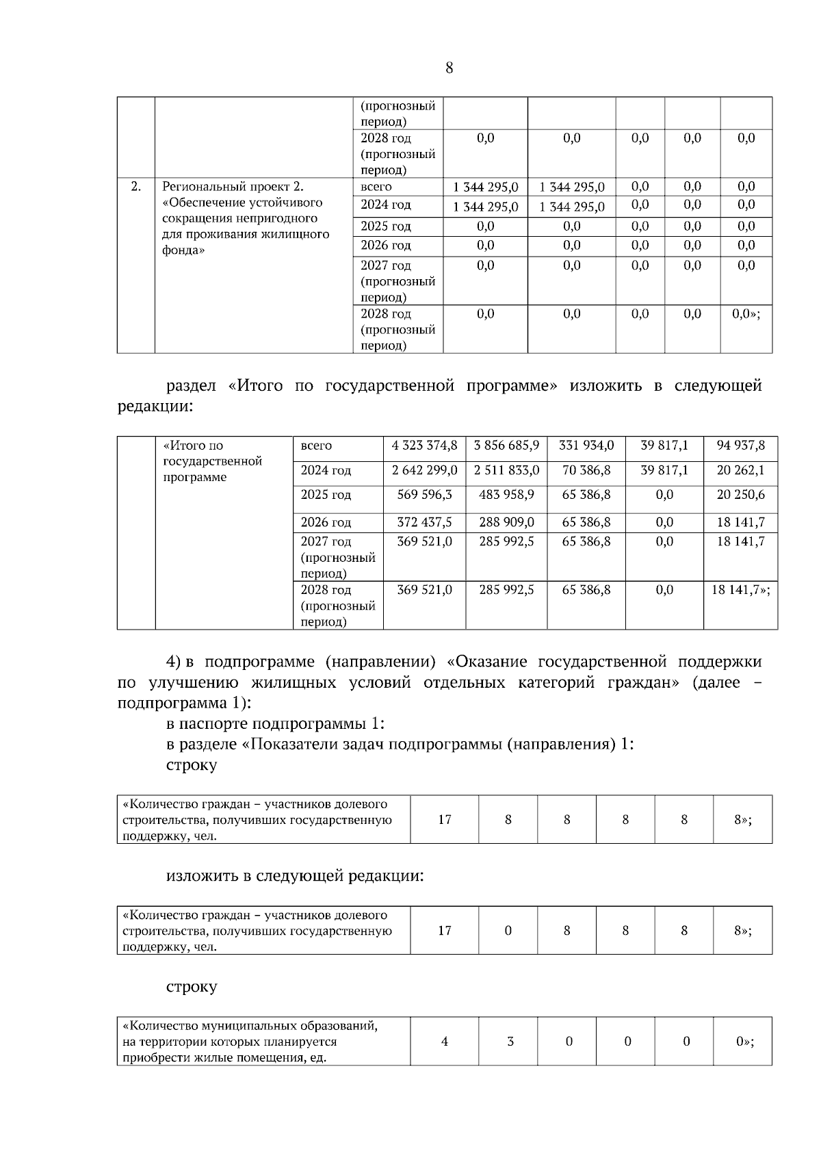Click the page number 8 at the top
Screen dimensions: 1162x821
(449, 68)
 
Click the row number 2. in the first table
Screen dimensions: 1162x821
(135, 186)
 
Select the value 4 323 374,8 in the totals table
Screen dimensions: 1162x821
(424, 446)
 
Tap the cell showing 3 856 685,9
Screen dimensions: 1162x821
(506, 446)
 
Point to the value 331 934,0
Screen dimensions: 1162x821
(586, 446)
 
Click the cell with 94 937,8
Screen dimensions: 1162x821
(740, 446)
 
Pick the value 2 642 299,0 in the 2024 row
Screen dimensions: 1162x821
(424, 471)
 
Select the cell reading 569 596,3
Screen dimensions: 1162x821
(424, 495)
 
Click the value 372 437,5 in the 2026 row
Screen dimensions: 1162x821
(424, 522)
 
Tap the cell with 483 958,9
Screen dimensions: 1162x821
(506, 495)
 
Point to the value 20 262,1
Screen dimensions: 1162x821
(740, 471)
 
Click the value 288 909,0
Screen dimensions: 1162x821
(506, 522)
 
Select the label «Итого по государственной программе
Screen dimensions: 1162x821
(212, 461)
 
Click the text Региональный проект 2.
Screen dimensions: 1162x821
(233, 186)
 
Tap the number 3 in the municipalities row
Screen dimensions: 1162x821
(510, 1042)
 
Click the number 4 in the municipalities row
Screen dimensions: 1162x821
(445, 1042)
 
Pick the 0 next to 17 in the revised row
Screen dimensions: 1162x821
(508, 931)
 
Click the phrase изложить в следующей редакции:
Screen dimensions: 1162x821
(295, 876)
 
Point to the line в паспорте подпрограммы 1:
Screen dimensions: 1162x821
(275, 723)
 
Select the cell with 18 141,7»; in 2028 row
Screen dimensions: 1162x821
(740, 590)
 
